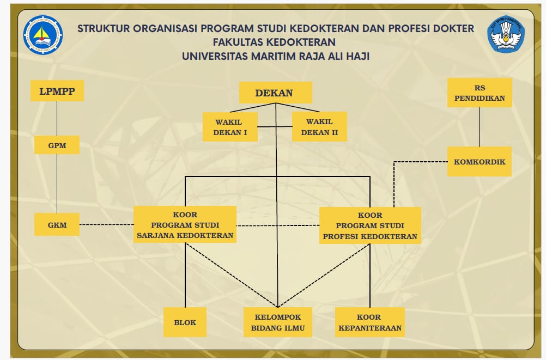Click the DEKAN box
click(x=275, y=93)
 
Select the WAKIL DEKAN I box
click(x=230, y=127)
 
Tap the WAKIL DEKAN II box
click(x=319, y=127)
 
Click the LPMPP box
click(x=57, y=91)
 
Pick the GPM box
click(x=57, y=145)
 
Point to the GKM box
click(x=57, y=224)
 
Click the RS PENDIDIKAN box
click(x=480, y=93)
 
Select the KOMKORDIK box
click(x=480, y=161)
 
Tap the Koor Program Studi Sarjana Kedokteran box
click(x=185, y=224)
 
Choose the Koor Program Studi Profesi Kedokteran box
click(x=370, y=225)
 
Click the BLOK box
click(x=185, y=322)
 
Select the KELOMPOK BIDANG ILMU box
click(x=278, y=322)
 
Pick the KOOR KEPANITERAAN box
click(x=370, y=322)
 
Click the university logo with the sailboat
click(x=43, y=34)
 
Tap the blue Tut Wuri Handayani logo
click(x=505, y=34)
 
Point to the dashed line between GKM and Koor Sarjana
click(x=107, y=224)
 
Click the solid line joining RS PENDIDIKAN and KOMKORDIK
click(x=480, y=127)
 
